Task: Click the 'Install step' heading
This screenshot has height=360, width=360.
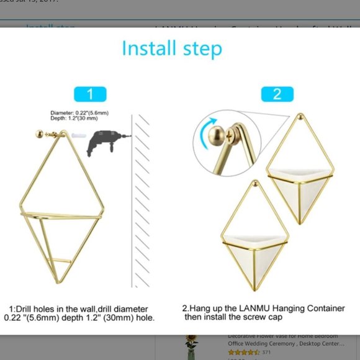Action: (171, 48)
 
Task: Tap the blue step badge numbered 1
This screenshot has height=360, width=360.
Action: (91, 94)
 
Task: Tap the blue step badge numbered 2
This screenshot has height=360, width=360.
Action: (277, 94)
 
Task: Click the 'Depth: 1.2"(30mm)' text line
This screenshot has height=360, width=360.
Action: (70, 118)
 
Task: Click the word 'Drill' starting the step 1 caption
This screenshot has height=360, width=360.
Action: (43, 308)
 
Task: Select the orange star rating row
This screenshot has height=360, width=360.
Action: (243, 352)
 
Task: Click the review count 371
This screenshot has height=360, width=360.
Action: (266, 352)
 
